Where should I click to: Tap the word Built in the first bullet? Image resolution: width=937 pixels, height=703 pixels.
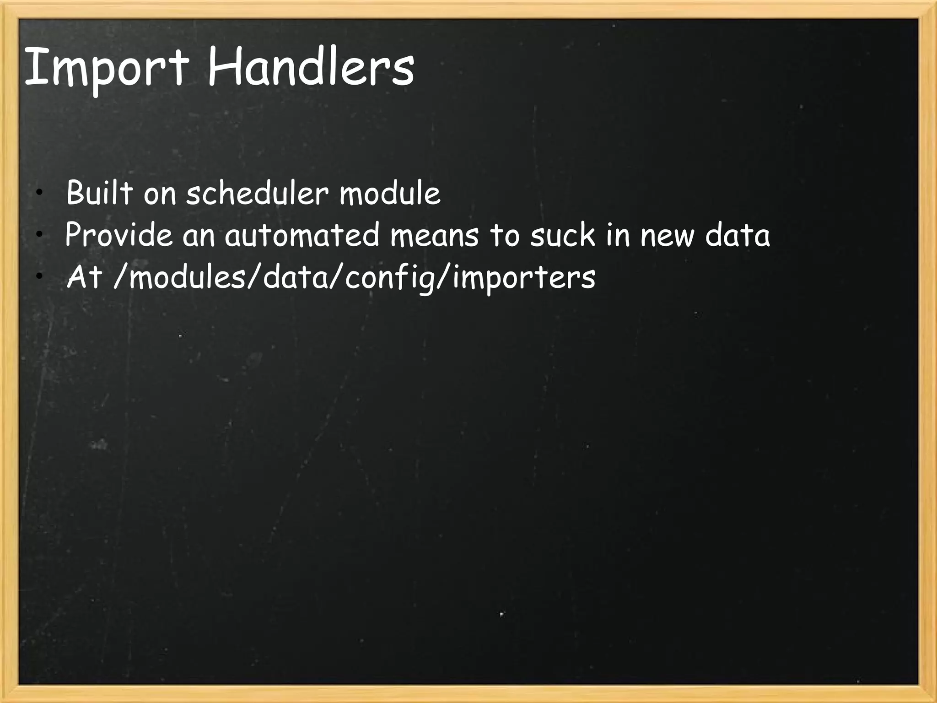pos(99,193)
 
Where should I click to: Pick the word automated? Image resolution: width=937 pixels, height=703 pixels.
pos(302,235)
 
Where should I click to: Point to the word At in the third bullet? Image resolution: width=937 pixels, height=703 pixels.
pos(84,277)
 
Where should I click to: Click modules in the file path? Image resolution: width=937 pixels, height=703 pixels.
pos(188,277)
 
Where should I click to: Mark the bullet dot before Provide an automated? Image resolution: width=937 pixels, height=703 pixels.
pos(40,235)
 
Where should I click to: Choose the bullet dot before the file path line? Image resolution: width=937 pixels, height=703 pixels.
pos(40,276)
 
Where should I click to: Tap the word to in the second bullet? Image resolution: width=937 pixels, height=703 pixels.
pos(505,235)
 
